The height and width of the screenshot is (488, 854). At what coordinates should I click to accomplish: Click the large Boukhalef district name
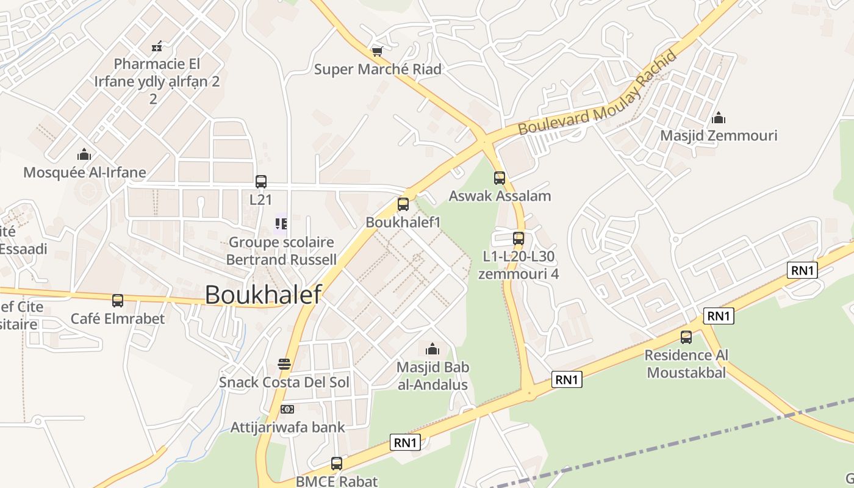coord(263,295)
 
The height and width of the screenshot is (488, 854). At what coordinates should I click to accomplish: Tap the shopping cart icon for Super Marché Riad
coord(378,51)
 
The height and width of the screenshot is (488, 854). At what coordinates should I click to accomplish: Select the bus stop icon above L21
coord(261,181)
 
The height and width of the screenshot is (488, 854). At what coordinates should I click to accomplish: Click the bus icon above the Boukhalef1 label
coord(403,204)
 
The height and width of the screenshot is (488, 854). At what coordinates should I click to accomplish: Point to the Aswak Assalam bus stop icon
coord(500,178)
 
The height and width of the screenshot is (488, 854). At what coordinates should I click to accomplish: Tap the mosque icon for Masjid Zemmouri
coord(719,117)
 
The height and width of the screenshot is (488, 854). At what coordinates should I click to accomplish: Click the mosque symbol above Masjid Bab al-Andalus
coord(432,349)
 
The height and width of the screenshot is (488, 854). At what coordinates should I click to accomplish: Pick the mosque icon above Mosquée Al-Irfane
coord(84,154)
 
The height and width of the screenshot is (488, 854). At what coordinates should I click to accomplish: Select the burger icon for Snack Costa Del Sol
coord(284,364)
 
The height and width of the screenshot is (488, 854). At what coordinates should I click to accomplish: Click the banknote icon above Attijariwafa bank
coord(287,409)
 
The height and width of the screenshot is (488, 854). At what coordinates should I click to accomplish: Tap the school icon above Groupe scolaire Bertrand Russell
coord(281,224)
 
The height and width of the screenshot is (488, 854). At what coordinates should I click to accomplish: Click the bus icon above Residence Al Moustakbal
coord(686,337)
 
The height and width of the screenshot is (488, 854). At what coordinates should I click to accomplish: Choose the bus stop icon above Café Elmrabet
coord(118,301)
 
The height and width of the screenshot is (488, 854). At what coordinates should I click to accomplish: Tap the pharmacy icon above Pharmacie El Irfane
coord(157,46)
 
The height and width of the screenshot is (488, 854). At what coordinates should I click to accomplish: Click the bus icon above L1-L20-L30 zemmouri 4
coord(518,238)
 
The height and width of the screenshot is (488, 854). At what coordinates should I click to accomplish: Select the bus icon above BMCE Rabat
coord(336,464)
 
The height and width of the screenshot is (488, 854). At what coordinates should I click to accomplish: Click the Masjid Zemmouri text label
coord(719,135)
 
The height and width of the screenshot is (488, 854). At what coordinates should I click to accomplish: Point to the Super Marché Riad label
coord(378,70)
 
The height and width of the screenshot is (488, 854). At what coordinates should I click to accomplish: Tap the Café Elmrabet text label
coord(118,319)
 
